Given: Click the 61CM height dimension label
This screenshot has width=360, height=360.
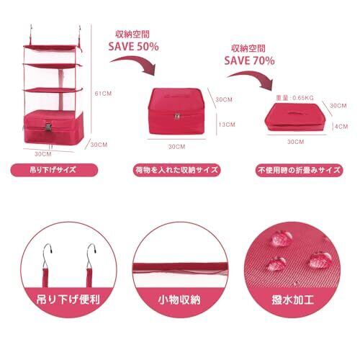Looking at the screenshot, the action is pyautogui.click(x=103, y=94).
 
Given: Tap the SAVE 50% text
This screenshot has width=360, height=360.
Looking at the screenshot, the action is pyautogui.click(x=133, y=47).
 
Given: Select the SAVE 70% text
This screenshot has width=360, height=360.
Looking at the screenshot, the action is pyautogui.click(x=249, y=60).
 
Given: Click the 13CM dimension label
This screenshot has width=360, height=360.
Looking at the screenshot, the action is pyautogui.click(x=227, y=125).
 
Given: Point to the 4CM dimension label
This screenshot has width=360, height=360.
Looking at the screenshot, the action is pyautogui.click(x=341, y=127).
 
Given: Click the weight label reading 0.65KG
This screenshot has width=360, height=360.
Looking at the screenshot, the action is pyautogui.click(x=294, y=98).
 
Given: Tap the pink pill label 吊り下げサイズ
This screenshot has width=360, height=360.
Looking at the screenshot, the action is pyautogui.click(x=54, y=170).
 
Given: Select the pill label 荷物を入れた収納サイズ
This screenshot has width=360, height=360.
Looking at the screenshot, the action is pyautogui.click(x=176, y=170).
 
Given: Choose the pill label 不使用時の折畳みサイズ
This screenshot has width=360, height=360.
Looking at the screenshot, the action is pyautogui.click(x=299, y=170).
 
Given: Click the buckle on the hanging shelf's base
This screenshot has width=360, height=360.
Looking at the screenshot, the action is pyautogui.click(x=48, y=127).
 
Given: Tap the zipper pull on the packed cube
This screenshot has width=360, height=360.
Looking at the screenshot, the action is pyautogui.click(x=177, y=116).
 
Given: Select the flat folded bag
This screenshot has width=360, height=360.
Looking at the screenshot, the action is pyautogui.click(x=294, y=117).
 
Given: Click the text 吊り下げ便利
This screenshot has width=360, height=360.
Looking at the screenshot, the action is pyautogui.click(x=68, y=300).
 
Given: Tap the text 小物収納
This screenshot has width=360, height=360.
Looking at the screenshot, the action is pyautogui.click(x=179, y=300).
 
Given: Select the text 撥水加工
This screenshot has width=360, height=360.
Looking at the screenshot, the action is pyautogui.click(x=293, y=300).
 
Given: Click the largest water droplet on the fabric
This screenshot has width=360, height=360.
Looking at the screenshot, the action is pyautogui.click(x=320, y=260).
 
